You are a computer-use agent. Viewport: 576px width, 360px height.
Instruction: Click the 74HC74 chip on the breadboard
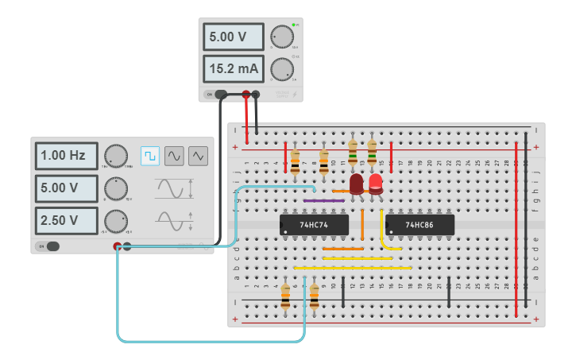tap(314, 225)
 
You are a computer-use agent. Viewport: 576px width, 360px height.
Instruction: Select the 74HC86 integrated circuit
tap(419, 225)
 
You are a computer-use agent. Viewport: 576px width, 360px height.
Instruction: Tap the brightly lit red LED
tap(375, 184)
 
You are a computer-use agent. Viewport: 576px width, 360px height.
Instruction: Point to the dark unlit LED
tap(357, 184)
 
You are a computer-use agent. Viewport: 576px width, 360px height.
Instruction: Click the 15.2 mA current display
tap(234, 69)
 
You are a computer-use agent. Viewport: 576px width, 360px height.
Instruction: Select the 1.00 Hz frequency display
tap(65, 156)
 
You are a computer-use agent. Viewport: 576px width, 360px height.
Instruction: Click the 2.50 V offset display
tap(65, 220)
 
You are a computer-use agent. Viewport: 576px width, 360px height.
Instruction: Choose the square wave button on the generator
tap(149, 156)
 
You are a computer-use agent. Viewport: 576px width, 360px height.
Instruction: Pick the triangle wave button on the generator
tap(198, 156)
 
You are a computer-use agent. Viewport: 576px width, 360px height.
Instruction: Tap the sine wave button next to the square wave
tap(174, 156)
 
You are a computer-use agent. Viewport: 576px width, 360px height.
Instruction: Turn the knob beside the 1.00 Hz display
tap(116, 156)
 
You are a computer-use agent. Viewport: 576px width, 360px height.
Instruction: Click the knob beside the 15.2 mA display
tap(281, 68)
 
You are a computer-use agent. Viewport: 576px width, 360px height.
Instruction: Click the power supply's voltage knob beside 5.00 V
tap(281, 37)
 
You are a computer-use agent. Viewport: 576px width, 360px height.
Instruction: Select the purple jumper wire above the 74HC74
tap(324, 201)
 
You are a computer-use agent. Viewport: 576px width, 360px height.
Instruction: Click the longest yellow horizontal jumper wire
tap(353, 268)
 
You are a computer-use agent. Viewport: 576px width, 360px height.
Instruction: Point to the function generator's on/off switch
tap(49, 246)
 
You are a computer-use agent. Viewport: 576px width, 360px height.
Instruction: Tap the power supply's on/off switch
tap(210, 95)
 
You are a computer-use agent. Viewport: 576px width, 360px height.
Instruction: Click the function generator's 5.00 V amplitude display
tap(65, 188)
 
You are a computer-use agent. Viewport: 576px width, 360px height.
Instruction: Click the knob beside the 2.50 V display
tap(116, 220)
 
